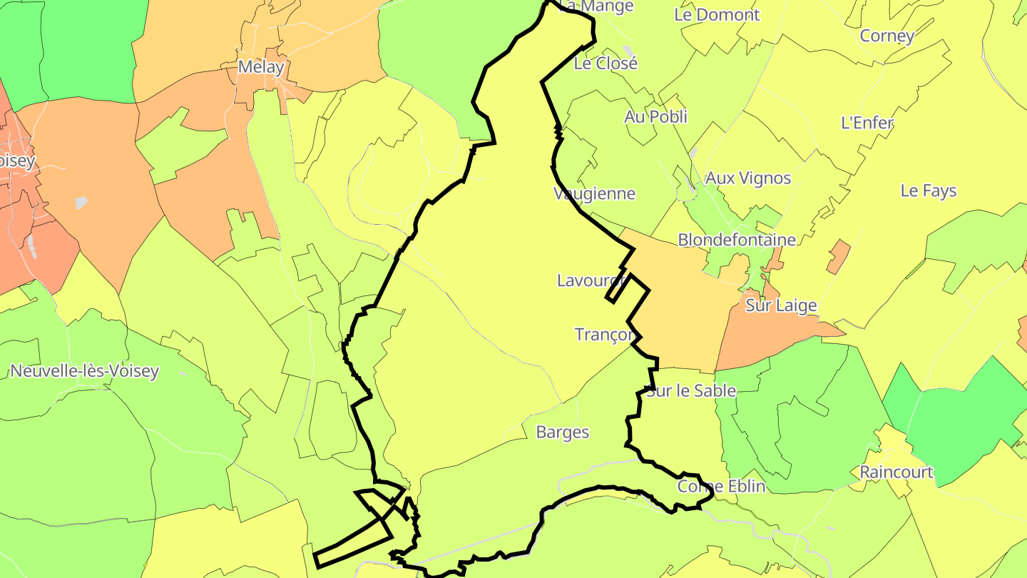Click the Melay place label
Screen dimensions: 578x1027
click(x=261, y=68)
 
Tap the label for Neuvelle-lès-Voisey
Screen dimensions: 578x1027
click(x=85, y=371)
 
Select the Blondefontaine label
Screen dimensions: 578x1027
click(x=736, y=240)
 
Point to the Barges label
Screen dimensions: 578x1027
click(x=563, y=432)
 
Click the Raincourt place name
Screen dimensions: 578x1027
click(x=896, y=472)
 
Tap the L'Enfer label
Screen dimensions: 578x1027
click(x=867, y=123)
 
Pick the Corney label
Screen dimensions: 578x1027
click(x=887, y=36)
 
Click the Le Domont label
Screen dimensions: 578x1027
click(x=717, y=14)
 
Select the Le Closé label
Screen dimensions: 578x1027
click(x=606, y=63)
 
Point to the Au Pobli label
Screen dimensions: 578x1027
click(x=655, y=116)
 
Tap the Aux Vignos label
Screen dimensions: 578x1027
click(x=747, y=178)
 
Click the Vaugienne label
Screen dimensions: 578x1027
click(x=594, y=193)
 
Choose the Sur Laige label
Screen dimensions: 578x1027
click(x=781, y=305)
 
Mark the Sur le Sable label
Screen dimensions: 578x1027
click(x=691, y=390)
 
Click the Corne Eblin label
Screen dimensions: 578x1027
click(x=721, y=486)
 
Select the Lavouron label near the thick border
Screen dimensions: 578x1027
click(x=592, y=280)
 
